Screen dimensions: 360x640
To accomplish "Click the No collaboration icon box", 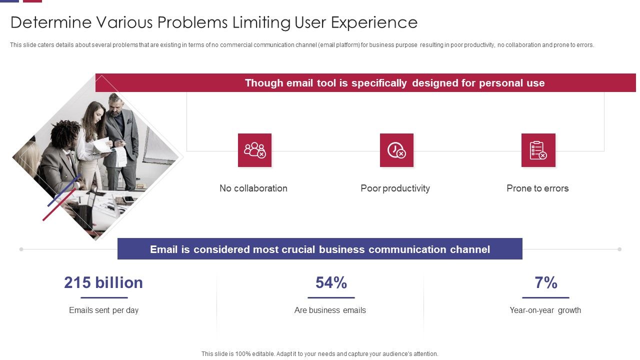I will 254,150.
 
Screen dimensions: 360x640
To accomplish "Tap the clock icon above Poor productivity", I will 396,150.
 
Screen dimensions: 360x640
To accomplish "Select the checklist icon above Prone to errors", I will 538,150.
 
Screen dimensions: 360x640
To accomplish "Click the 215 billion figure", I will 103,283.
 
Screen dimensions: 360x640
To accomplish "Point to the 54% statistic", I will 331,283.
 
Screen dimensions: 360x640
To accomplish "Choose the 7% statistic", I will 545,283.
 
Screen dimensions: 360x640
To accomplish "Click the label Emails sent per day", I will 103,310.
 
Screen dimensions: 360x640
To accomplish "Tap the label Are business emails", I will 330,310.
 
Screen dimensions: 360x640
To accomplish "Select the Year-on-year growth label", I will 545,310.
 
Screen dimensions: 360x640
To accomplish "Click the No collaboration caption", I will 253,188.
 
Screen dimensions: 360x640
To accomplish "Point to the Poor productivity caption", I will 395,188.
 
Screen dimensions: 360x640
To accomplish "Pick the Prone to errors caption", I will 537,188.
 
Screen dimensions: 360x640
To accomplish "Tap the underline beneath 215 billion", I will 103,297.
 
